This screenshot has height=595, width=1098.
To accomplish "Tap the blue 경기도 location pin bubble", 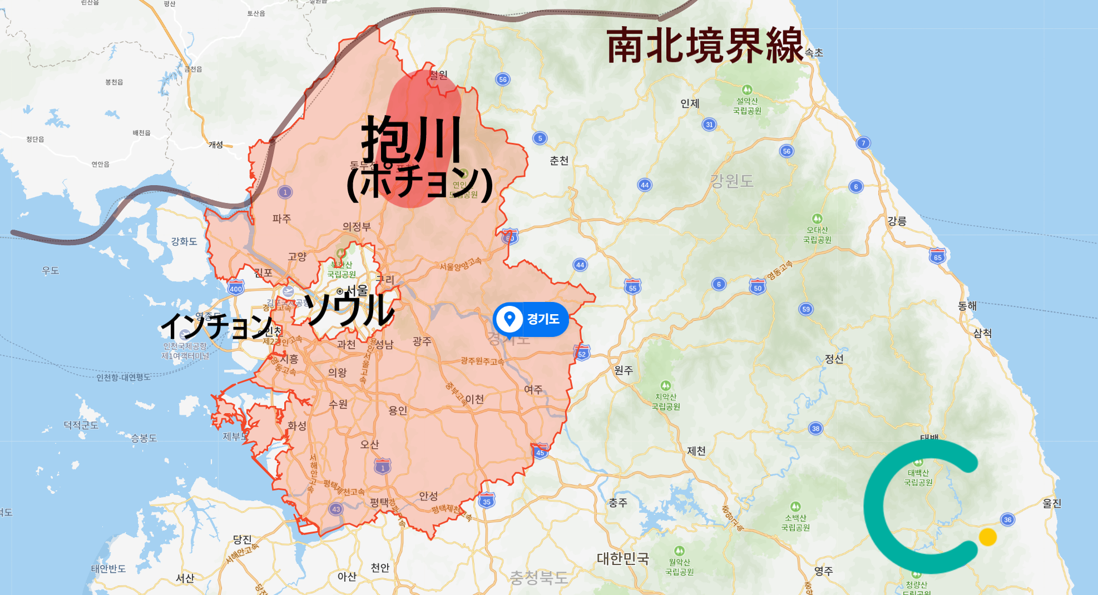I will pos(531,319).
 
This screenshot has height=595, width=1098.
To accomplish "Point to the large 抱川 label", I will pos(412,139).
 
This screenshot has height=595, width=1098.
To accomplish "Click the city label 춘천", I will pos(559,161).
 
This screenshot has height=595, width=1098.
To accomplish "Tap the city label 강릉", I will pos(897,221).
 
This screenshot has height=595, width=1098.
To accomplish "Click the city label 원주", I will pos(624,370).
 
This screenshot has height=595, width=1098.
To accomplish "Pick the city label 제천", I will pos(696,450).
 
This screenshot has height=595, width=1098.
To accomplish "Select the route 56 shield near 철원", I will pos(503,80).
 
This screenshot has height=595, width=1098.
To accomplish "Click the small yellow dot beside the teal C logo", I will pos(988,537).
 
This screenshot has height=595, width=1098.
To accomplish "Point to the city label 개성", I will pos(216,145).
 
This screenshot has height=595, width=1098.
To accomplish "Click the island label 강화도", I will pos(184,241).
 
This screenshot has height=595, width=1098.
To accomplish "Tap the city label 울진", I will pos(1052,503).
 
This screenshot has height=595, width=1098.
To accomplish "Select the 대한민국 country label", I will pos(623,558).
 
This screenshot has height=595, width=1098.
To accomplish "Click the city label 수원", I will pos(338,404).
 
